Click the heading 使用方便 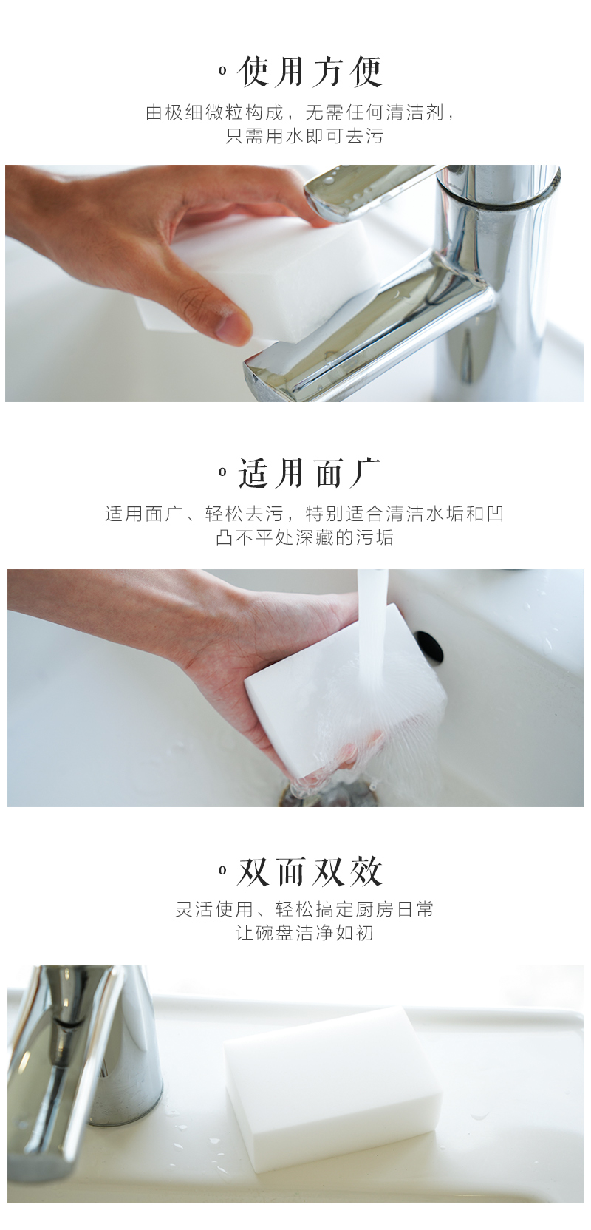[310, 72]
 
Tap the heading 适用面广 [310, 473]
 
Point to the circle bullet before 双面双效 [222, 870]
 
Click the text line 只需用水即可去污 [304, 135]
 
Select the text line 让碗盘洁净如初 [304, 933]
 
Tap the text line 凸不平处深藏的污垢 [304, 537]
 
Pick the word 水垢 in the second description [445, 514]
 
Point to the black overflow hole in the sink [429, 646]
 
